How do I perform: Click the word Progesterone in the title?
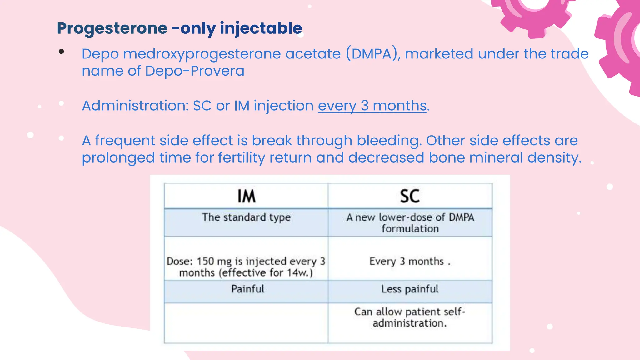112,28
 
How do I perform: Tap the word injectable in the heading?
261,28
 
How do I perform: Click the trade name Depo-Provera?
195,71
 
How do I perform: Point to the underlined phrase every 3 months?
372,106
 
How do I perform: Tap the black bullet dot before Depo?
61,52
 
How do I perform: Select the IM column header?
246,196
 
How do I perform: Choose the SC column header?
410,196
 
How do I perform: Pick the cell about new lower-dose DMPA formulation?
410,223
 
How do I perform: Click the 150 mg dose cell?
246,267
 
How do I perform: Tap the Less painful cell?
410,289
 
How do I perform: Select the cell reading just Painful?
247,289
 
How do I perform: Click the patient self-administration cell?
410,317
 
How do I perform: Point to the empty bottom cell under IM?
246,323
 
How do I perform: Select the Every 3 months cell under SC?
410,261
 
